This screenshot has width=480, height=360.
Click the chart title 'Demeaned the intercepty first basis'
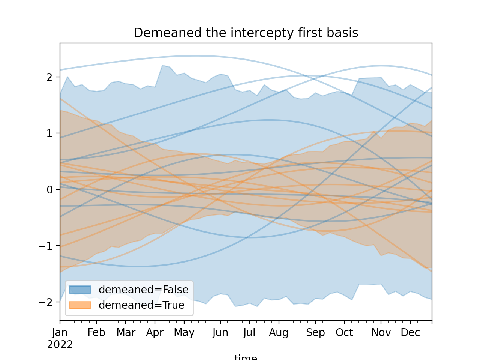click(x=246, y=33)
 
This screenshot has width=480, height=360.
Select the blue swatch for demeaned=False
click(x=80, y=289)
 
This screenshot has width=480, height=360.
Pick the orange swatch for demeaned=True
click(x=80, y=305)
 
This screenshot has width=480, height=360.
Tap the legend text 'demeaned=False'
click(x=143, y=289)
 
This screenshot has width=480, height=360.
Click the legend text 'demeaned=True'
click(x=141, y=305)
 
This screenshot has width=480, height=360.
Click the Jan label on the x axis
click(x=60, y=333)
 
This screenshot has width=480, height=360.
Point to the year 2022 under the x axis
click(x=60, y=344)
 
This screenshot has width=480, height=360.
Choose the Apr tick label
click(x=155, y=333)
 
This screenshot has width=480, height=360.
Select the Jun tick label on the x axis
click(x=220, y=333)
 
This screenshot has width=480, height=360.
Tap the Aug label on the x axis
click(x=279, y=333)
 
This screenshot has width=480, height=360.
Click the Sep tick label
click(x=315, y=333)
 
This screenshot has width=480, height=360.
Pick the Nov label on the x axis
click(x=381, y=333)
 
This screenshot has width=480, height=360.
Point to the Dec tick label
click(x=410, y=333)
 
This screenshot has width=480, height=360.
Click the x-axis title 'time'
click(x=246, y=357)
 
